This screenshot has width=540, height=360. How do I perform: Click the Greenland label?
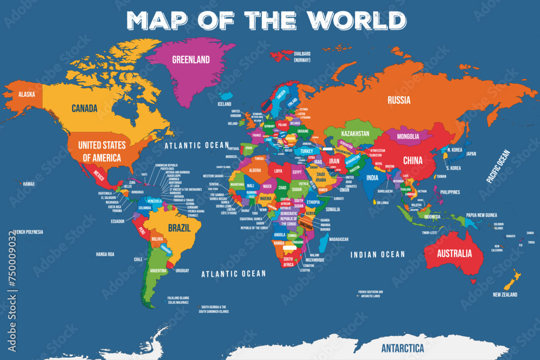click(191, 59)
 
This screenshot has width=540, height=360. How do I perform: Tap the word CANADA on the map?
click(85, 108)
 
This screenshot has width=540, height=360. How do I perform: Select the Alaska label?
click(26, 94)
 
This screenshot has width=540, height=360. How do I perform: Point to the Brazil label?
click(179, 228)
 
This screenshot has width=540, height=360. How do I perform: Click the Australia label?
click(454, 253)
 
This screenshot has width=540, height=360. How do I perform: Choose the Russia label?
click(399, 100)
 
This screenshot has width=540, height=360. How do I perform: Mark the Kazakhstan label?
click(355, 133)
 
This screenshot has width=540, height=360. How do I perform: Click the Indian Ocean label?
click(377, 254)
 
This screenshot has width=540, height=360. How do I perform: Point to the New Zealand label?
click(505, 295)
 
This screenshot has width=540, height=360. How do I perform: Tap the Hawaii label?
click(29, 184)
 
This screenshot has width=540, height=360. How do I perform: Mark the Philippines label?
click(450, 192)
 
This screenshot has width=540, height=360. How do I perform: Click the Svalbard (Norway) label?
click(302, 57)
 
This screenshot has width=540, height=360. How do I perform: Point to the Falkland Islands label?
click(178, 300)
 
